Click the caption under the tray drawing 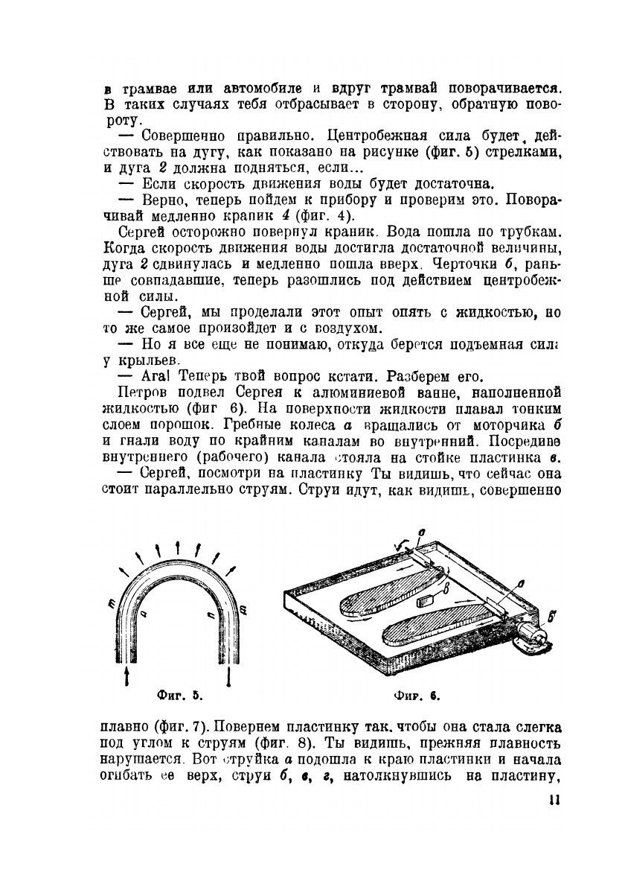point(417,697)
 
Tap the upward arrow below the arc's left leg point(131,675)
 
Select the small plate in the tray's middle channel point(426,600)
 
